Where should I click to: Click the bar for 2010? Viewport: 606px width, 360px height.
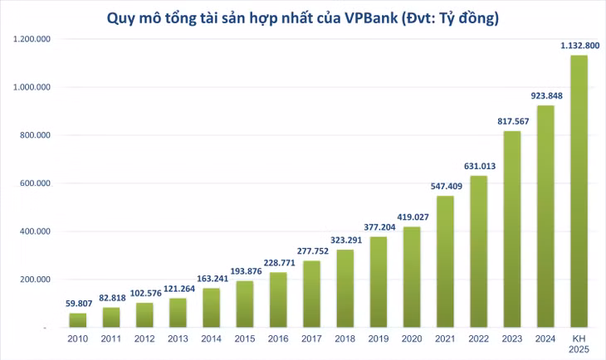(77, 320)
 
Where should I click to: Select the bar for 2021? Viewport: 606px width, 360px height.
(445, 261)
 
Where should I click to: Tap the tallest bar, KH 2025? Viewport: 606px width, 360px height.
(579, 192)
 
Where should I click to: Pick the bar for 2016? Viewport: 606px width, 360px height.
(278, 299)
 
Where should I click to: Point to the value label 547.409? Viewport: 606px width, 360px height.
(445, 187)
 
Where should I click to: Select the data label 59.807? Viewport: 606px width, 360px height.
(77, 304)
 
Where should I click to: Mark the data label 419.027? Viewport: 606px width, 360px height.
(412, 218)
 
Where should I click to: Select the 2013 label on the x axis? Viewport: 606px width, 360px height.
(178, 339)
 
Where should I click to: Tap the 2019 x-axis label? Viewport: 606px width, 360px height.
(379, 339)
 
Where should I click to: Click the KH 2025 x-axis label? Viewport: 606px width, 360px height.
(579, 343)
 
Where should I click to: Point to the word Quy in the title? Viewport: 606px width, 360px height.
(121, 17)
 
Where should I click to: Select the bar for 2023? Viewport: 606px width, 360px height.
(512, 230)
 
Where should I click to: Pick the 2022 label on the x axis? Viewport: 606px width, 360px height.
(479, 339)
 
